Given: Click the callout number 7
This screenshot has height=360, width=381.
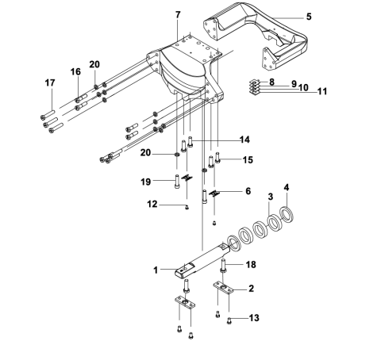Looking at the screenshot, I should tap(178, 15).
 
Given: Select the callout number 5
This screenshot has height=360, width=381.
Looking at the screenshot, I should tap(309, 16).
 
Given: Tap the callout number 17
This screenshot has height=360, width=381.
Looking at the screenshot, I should tap(49, 82).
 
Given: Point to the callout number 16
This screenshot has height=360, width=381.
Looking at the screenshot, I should tap(76, 71).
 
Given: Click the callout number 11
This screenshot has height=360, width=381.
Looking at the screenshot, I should tap(300, 92).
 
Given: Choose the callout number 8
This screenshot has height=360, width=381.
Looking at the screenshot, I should tap(271, 82).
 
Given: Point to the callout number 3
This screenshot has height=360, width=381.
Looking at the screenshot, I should tap(270, 196).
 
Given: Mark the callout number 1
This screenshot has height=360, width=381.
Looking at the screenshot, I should tap(156, 270).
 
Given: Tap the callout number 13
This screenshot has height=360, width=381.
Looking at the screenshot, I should tap(253, 318).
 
